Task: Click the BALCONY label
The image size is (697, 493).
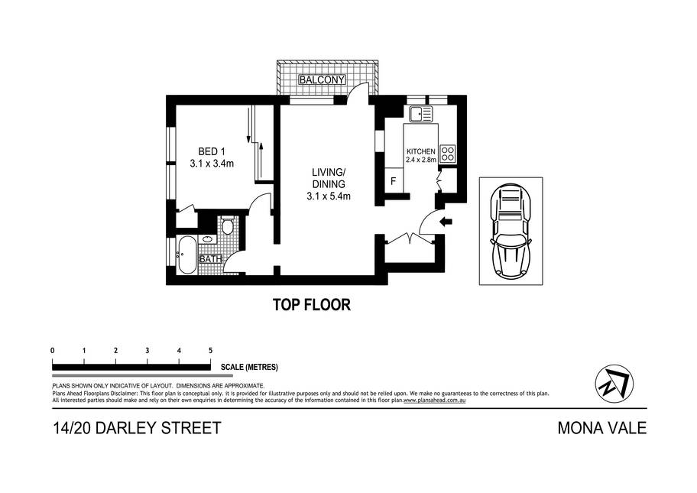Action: (x=323, y=80)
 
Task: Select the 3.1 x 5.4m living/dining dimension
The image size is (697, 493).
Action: (x=329, y=196)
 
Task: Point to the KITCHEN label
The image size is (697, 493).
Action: (x=421, y=151)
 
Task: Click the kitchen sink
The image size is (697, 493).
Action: (x=420, y=114)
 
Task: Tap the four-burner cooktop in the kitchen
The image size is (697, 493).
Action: (x=448, y=153)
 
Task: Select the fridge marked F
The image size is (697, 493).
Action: (x=394, y=181)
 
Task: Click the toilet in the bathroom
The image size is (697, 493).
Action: (x=228, y=225)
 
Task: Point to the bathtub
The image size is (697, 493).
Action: (x=186, y=255)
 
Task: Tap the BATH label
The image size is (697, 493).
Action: (x=211, y=258)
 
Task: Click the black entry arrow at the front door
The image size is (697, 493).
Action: (x=446, y=222)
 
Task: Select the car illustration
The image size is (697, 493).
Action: (x=511, y=231)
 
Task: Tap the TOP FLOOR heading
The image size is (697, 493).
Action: (x=312, y=304)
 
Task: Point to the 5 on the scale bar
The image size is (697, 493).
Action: (x=210, y=351)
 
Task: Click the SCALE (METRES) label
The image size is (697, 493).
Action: (x=249, y=367)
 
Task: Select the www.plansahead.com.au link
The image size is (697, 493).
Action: (x=434, y=400)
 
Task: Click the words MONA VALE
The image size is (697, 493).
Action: (x=602, y=428)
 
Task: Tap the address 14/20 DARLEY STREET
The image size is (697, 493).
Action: (x=137, y=428)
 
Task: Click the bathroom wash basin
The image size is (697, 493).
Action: (x=208, y=239)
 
